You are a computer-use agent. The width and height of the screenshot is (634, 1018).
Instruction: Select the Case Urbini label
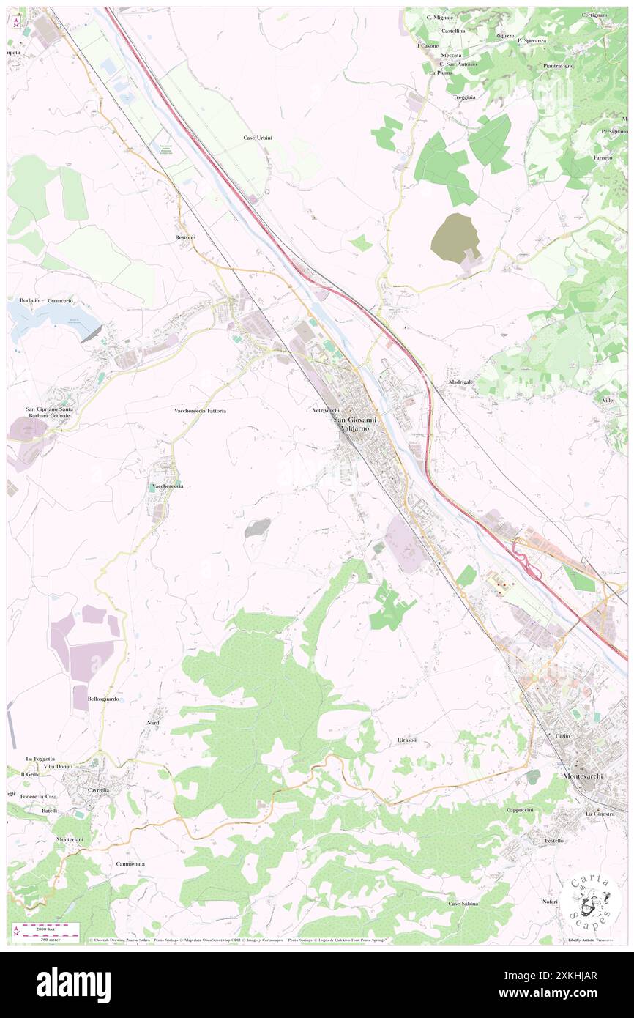(258, 138)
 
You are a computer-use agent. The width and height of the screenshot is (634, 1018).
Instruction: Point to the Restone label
(185, 237)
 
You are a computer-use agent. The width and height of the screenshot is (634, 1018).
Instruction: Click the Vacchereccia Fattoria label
(200, 411)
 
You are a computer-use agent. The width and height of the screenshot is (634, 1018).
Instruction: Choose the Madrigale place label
(460, 382)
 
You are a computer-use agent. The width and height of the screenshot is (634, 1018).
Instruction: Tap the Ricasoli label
(406, 740)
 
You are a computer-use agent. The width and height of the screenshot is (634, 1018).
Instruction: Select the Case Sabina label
(463, 904)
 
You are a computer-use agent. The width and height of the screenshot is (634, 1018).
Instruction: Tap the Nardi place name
(154, 722)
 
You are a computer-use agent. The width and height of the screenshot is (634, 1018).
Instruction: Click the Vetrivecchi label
(325, 411)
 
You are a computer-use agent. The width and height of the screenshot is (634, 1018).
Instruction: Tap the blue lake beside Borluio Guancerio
(51, 317)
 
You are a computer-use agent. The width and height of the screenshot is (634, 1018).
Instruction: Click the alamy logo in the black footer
(73, 984)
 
